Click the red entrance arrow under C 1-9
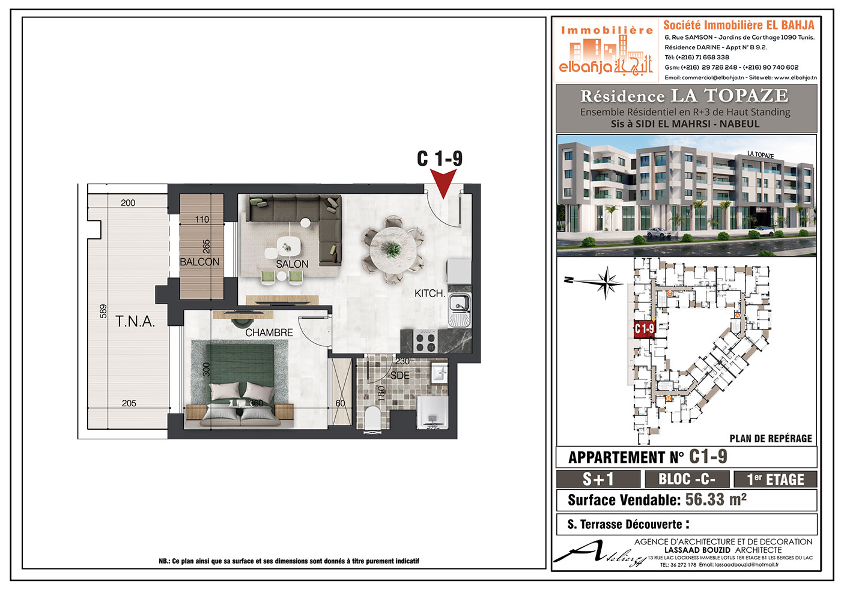click(x=443, y=183)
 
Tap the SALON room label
click(x=292, y=264)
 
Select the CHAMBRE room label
click(x=269, y=333)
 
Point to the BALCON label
click(x=199, y=262)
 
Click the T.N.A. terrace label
click(x=135, y=322)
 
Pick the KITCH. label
click(x=430, y=293)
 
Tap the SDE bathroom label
click(x=400, y=376)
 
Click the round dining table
click(x=393, y=250)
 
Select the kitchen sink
click(x=460, y=310)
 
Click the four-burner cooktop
click(x=426, y=342)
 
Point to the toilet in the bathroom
click(x=373, y=418)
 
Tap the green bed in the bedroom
click(x=240, y=385)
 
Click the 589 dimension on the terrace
click(x=103, y=311)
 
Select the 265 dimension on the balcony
click(x=206, y=247)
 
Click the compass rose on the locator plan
click(x=606, y=283)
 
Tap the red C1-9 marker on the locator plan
click(x=644, y=330)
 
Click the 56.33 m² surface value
click(x=716, y=499)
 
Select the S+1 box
click(x=598, y=479)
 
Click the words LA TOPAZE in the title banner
click(x=729, y=95)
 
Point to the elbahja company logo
click(x=606, y=50)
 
